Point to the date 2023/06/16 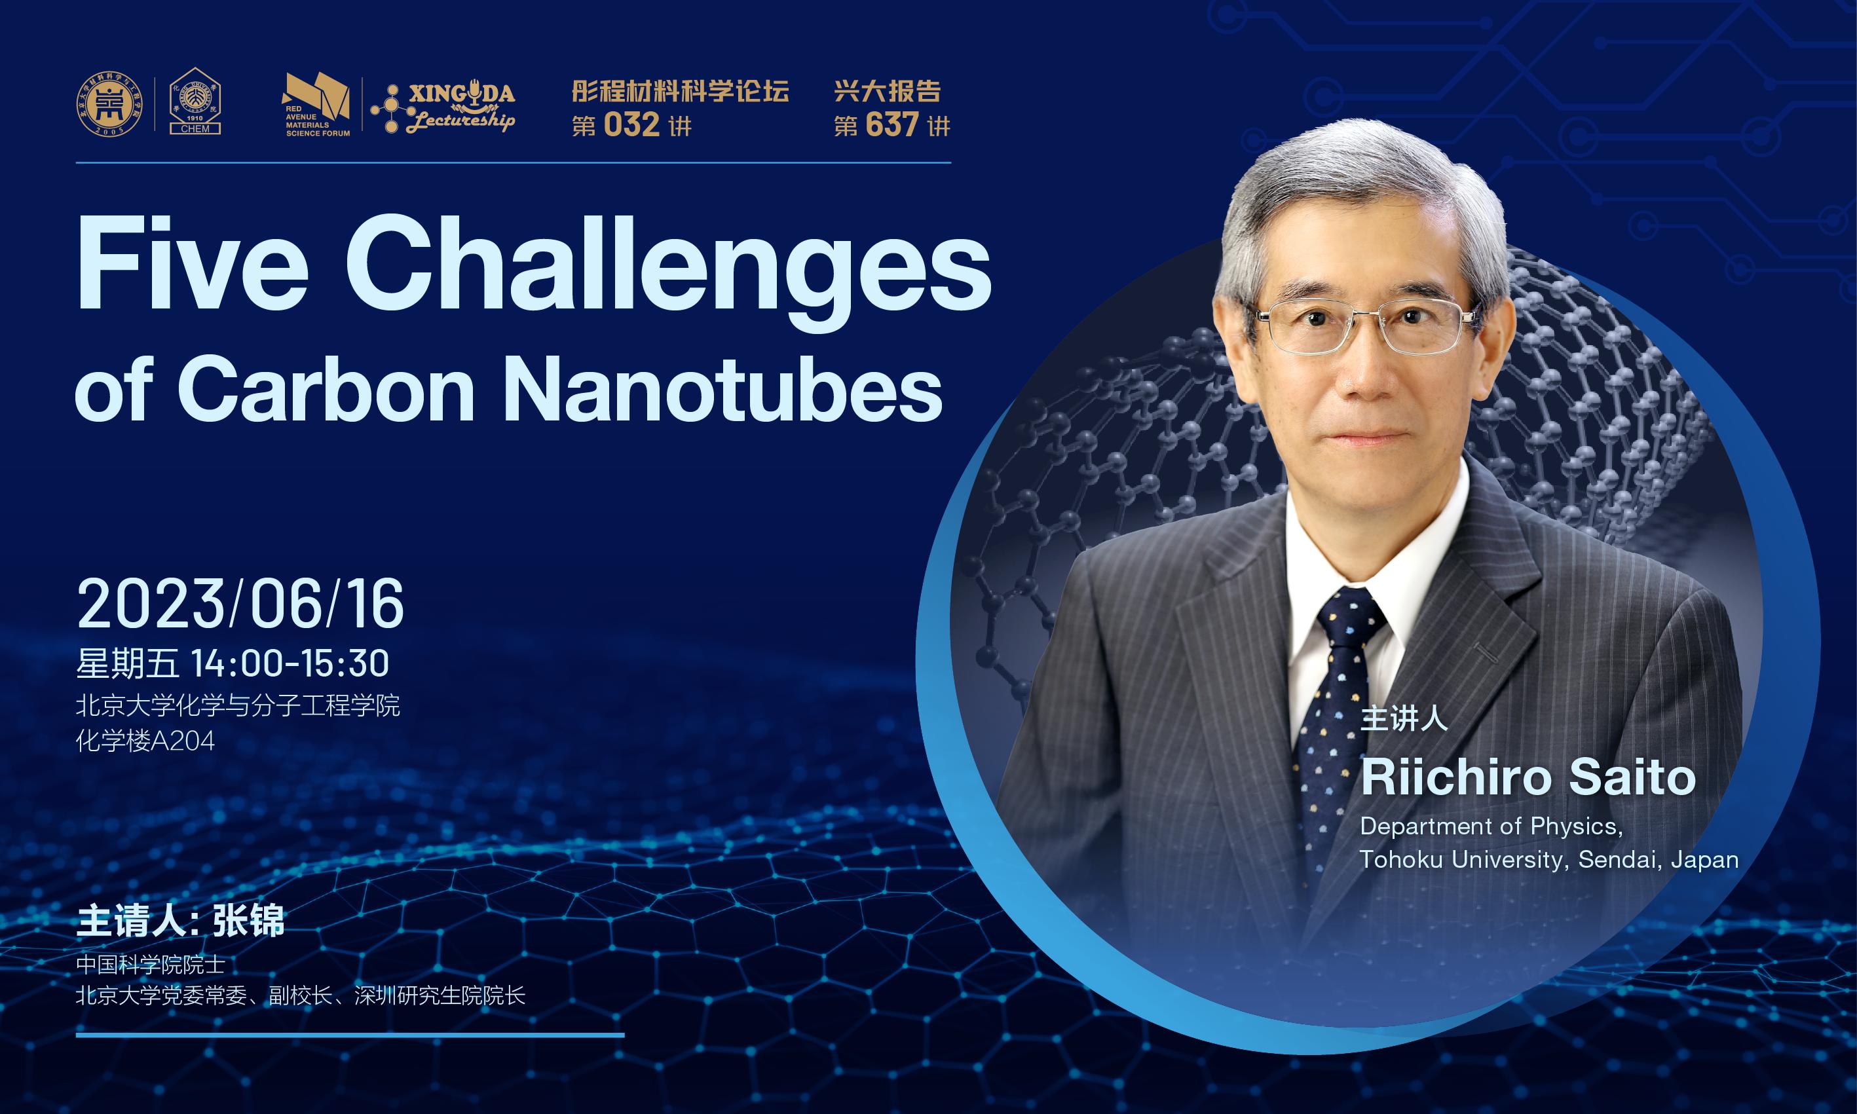tap(241, 604)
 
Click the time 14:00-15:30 tap(290, 663)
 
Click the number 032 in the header tap(631, 124)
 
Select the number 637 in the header tap(891, 124)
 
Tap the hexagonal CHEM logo tap(195, 102)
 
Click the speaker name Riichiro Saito tap(1528, 777)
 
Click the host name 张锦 tap(249, 921)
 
